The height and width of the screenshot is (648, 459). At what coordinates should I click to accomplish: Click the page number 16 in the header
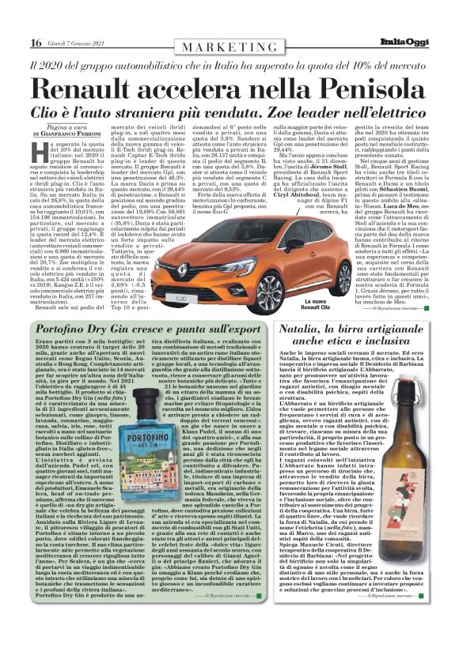[36, 43]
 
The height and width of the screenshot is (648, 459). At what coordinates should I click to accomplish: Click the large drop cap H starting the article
[40, 152]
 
